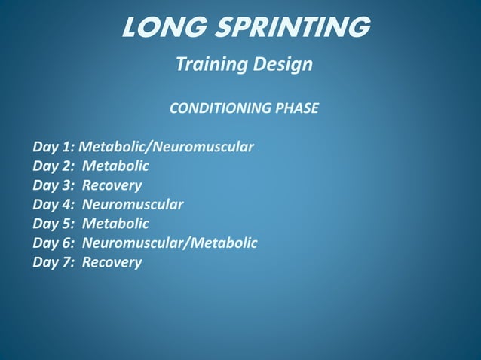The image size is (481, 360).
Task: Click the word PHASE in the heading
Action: point(296,108)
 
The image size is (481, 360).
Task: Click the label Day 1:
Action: point(54,145)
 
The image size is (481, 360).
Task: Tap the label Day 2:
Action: point(54,165)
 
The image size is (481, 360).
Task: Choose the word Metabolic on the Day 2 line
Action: point(115,165)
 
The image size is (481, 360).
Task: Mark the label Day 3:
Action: point(54,185)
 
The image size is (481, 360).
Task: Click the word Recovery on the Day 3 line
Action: point(112,185)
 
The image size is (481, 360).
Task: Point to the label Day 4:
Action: point(54,204)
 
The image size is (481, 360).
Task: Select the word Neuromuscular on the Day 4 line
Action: point(133,204)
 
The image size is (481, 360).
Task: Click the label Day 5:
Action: point(54,224)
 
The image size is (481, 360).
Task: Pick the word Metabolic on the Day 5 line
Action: point(115,224)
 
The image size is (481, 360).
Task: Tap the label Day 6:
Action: point(54,243)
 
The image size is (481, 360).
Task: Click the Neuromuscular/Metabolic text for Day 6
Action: point(170,243)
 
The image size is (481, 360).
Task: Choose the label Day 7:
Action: point(54,263)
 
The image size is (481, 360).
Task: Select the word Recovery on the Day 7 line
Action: point(112,263)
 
